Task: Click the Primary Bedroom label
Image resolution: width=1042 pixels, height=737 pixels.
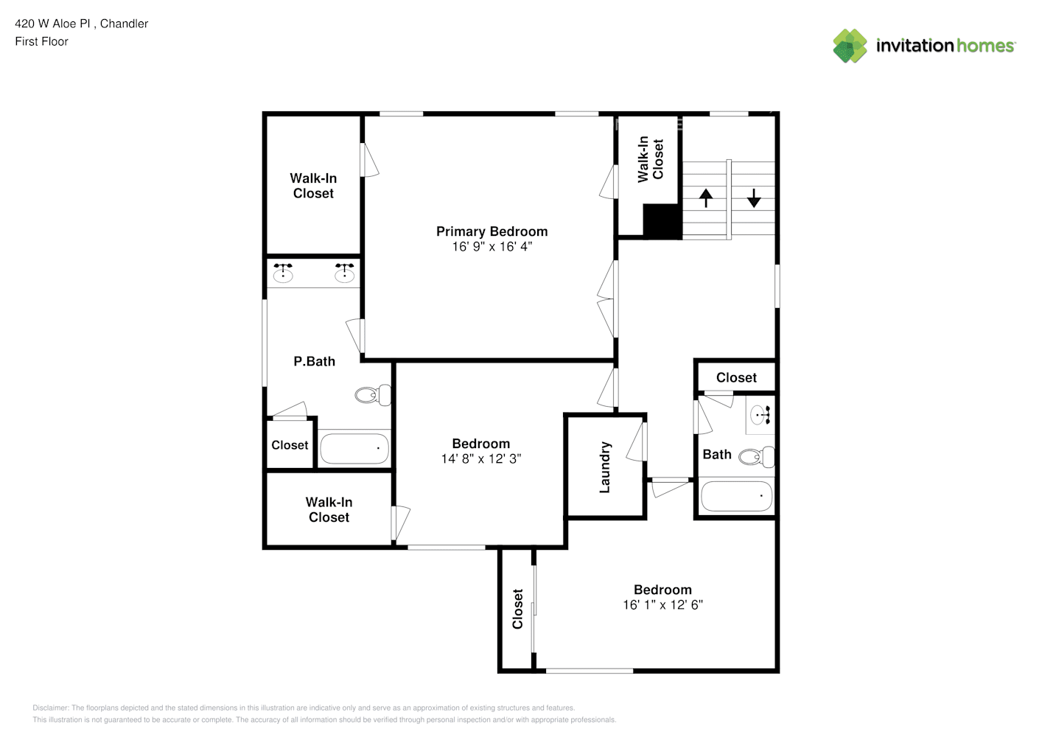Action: point(492,231)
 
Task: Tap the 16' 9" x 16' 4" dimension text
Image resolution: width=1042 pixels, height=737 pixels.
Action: point(492,247)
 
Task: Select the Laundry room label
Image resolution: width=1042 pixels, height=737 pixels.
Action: point(605,467)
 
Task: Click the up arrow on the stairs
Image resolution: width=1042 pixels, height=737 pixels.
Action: point(706,198)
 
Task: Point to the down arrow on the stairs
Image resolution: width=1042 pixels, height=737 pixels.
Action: point(754,198)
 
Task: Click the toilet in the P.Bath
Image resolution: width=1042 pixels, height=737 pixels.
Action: point(373,395)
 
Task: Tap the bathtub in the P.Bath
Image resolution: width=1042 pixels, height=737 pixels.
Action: point(354,448)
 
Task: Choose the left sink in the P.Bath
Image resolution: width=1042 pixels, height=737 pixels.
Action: point(283,273)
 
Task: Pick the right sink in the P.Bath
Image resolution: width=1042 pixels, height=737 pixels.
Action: point(344,273)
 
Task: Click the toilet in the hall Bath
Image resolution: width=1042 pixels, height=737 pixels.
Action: point(757,457)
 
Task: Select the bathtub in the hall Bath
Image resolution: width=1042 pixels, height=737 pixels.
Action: point(736,496)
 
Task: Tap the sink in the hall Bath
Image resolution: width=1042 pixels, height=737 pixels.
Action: point(760,414)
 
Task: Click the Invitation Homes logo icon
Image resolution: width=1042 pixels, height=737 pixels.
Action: point(850,46)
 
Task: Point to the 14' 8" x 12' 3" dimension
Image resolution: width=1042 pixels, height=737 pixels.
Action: point(480,459)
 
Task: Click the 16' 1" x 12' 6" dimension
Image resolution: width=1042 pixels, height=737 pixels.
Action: point(662,605)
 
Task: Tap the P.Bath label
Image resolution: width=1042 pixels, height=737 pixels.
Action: point(314,361)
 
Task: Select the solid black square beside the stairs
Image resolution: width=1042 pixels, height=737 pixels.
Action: point(662,221)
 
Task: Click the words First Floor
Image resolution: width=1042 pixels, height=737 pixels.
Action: point(41,42)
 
